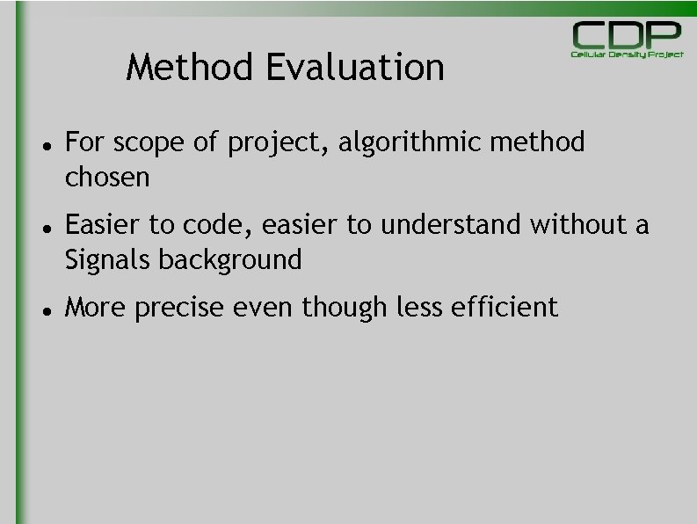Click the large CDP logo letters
[x=627, y=35]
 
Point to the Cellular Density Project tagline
[x=627, y=55]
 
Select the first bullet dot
[x=43, y=142]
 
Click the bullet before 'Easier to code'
[x=43, y=225]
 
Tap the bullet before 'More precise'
[x=43, y=308]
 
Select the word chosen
[x=107, y=178]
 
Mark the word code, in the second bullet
[x=207, y=226]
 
